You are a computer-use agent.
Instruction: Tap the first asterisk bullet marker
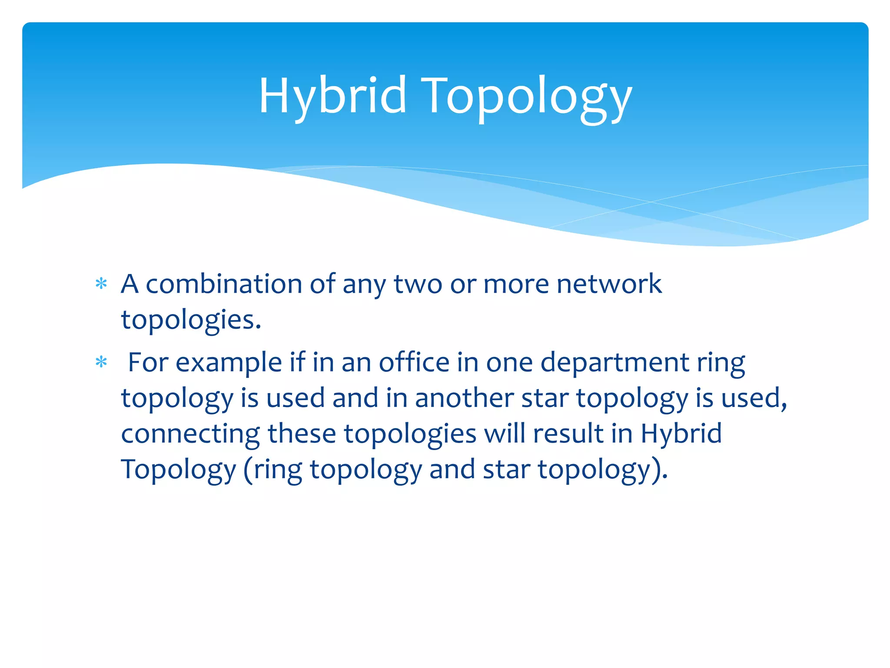tap(101, 284)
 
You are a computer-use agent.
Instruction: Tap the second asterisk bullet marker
tap(101, 362)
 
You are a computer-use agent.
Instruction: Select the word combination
tap(223, 284)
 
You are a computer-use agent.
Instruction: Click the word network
tap(609, 284)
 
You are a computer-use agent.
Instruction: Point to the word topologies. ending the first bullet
tap(191, 321)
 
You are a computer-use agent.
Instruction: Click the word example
tap(229, 363)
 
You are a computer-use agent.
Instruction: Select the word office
tap(414, 362)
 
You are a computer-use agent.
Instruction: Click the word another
tap(464, 398)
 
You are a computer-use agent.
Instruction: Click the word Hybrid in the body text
tap(681, 434)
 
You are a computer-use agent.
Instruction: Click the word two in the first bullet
tap(418, 284)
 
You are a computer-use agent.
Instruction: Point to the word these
tap(302, 434)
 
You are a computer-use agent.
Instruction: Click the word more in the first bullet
tap(516, 285)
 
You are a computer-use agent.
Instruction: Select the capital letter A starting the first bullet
tap(130, 284)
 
